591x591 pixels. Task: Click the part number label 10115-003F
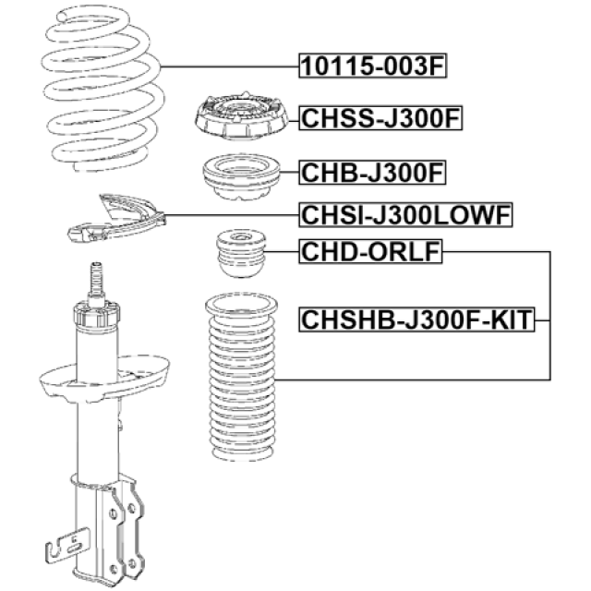(373, 66)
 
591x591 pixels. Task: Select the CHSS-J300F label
(380, 118)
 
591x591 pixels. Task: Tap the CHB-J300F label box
(372, 173)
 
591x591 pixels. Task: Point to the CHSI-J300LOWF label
(406, 215)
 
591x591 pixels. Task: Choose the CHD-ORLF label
(370, 251)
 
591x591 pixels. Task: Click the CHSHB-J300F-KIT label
(416, 320)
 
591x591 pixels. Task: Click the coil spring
(103, 89)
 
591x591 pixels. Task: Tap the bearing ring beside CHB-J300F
(242, 176)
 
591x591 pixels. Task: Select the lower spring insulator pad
(116, 219)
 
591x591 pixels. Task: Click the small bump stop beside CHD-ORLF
(241, 253)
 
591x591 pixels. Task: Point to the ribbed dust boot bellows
(242, 377)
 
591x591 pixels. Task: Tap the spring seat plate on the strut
(104, 378)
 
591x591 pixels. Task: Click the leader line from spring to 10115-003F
(230, 66)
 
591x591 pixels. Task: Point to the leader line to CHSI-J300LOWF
(232, 215)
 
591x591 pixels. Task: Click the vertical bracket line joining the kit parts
(550, 316)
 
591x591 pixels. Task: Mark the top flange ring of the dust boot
(242, 306)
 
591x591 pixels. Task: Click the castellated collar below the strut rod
(97, 314)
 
